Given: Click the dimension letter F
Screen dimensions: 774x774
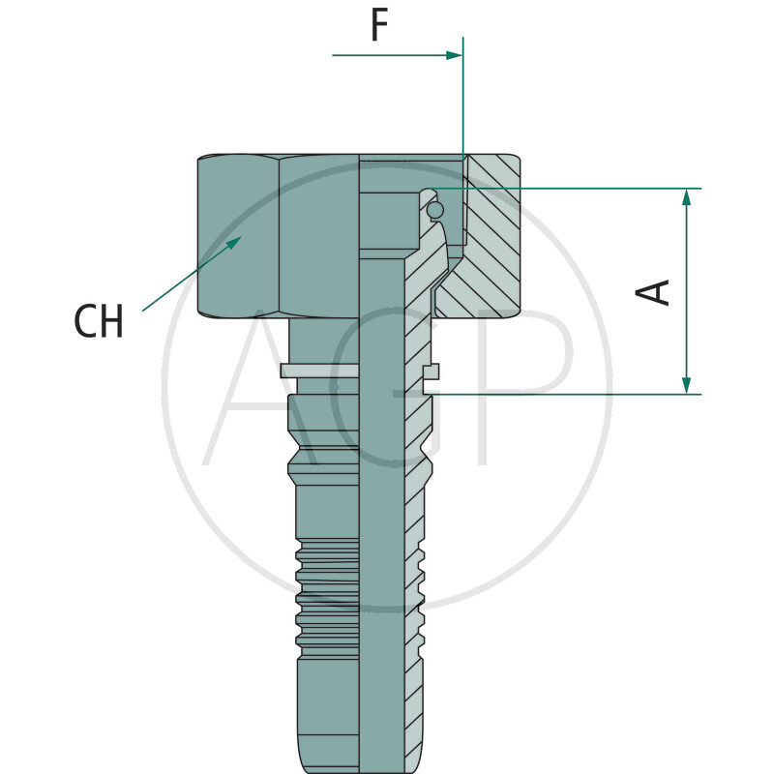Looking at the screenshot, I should click(x=379, y=26).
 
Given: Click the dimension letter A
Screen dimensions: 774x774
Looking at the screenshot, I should click(x=657, y=291).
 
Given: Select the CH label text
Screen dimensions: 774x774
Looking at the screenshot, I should click(x=99, y=322).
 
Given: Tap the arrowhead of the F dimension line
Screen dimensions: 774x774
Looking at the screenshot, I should click(x=455, y=55).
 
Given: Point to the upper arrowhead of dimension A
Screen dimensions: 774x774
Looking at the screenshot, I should click(x=687, y=196).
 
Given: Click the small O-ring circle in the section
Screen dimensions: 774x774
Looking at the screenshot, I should click(x=435, y=210).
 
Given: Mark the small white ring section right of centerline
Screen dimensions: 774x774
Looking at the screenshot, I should click(x=432, y=371).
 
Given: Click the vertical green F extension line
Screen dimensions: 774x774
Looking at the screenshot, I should click(x=463, y=97).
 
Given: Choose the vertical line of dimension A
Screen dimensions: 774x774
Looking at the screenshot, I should click(x=687, y=290).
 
